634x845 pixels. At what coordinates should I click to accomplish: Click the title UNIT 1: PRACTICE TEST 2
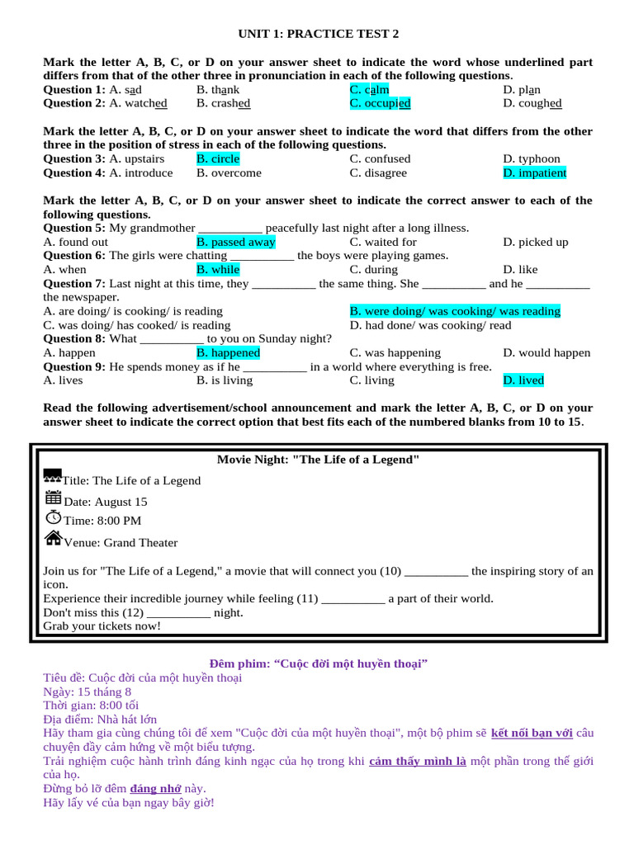point(318,34)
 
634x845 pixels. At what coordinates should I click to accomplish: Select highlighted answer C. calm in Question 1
point(369,90)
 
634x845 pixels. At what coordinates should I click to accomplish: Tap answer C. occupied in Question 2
point(380,103)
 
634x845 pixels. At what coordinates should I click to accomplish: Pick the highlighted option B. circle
point(218,158)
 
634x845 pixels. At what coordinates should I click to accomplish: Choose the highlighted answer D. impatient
point(534,172)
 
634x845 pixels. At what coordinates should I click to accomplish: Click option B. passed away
point(235,242)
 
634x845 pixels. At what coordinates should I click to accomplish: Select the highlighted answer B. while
point(218,269)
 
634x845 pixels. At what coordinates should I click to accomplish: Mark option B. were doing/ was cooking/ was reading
point(455,311)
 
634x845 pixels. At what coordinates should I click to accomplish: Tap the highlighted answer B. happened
point(228,352)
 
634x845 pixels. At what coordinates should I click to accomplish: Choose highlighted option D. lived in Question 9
point(523,380)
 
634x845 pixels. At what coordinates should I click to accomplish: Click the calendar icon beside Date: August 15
point(53,498)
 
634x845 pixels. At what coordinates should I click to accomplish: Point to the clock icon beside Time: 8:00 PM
point(53,517)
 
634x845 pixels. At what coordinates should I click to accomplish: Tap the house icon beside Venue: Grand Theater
point(53,538)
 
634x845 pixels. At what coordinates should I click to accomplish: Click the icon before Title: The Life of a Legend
point(52,477)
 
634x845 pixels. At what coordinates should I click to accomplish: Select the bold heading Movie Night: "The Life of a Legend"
point(318,460)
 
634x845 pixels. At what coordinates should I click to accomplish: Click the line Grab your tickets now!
point(102,626)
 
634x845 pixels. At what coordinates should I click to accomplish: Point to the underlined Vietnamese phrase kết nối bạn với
point(532,733)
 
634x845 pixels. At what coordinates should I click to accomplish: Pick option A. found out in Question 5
point(75,242)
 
